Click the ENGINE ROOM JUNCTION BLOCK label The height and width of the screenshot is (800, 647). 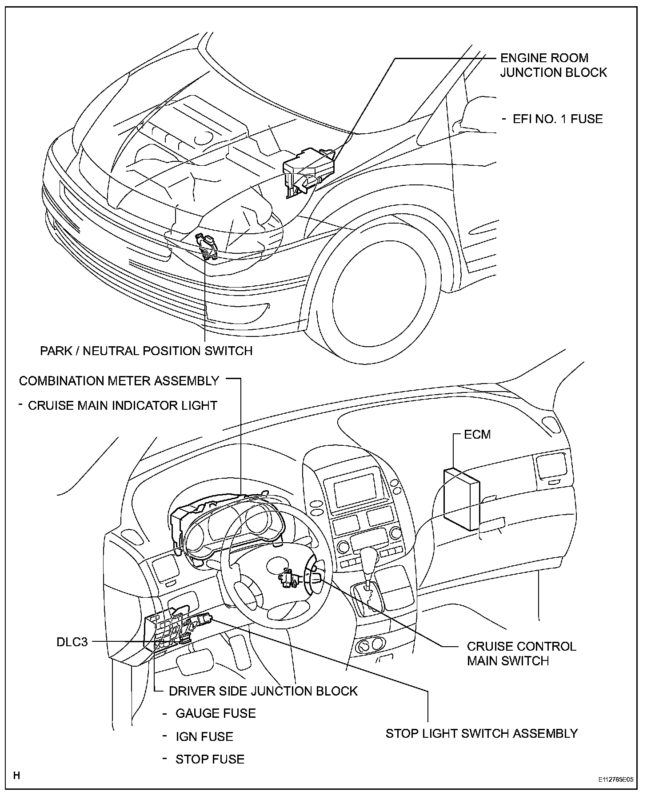click(x=553, y=65)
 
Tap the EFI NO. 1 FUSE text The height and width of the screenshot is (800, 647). click(x=558, y=119)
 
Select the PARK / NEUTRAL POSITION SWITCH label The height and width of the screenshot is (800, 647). click(x=146, y=351)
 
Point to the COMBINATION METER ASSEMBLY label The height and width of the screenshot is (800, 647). click(x=119, y=381)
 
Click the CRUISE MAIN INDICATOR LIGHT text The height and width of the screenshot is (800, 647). click(x=122, y=405)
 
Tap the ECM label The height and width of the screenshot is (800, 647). click(x=477, y=434)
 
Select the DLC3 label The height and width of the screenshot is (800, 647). click(x=72, y=642)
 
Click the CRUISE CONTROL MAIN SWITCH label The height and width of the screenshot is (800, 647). click(x=521, y=653)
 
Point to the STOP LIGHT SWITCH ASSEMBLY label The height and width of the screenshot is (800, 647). click(x=481, y=733)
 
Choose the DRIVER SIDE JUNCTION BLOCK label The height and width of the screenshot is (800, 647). click(x=263, y=691)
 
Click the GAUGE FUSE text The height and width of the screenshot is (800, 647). click(x=216, y=713)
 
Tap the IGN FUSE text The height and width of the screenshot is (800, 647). click(x=204, y=736)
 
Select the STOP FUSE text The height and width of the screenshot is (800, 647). click(x=210, y=759)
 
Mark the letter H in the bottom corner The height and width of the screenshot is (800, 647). click(x=16, y=776)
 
